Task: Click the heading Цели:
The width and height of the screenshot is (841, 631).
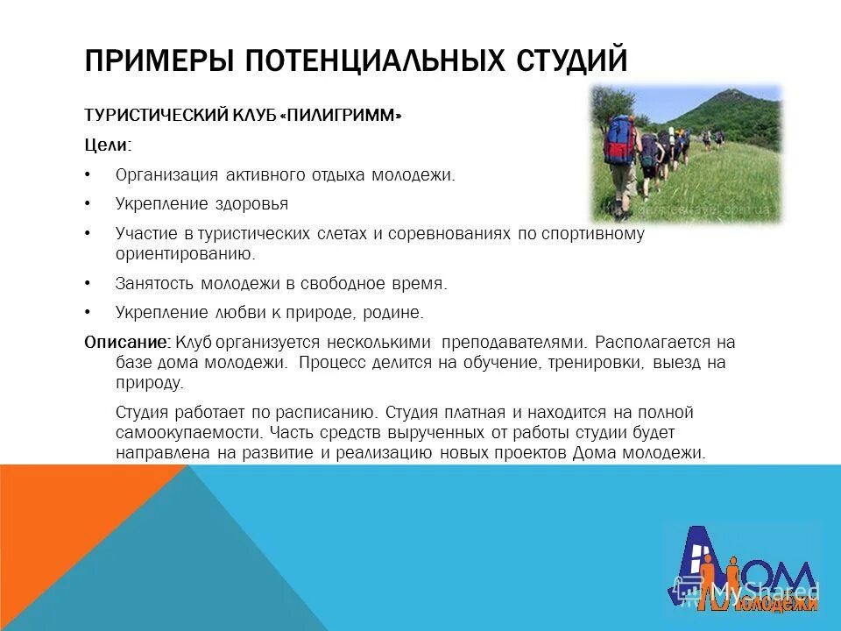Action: pyautogui.click(x=108, y=145)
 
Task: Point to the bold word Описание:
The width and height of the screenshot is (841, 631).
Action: pyautogui.click(x=126, y=341)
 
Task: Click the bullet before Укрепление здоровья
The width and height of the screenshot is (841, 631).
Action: pyautogui.click(x=88, y=204)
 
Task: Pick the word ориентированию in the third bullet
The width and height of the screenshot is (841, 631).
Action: pyautogui.click(x=183, y=253)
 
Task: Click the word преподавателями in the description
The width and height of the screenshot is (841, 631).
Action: pyautogui.click(x=515, y=341)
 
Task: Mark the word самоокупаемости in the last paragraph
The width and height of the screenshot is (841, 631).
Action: pyautogui.click(x=188, y=432)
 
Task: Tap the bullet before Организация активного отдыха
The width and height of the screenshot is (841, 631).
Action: pyautogui.click(x=88, y=175)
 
